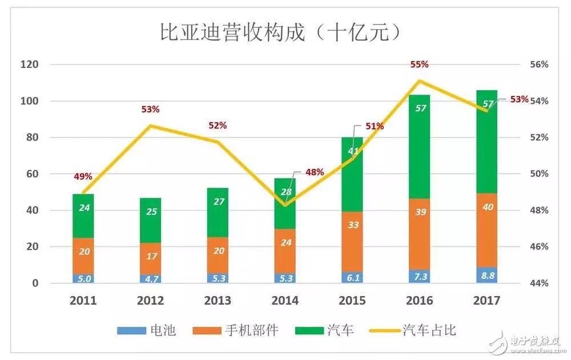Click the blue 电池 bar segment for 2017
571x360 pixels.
click(486, 275)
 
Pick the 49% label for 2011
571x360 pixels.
click(83, 177)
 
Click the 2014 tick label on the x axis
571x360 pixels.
click(285, 301)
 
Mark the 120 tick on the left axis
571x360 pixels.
click(29, 64)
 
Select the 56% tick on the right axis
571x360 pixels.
click(537, 64)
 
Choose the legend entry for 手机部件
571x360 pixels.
click(239, 330)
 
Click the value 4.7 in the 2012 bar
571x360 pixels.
click(150, 279)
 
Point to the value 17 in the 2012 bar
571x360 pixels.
click(150, 256)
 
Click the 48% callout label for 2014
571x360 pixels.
click(313, 172)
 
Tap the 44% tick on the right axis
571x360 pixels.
click(537, 284)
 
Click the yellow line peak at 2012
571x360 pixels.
click(150, 126)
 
